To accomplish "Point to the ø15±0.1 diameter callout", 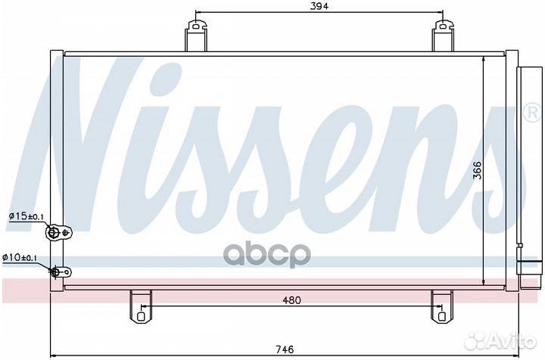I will [x=25, y=217].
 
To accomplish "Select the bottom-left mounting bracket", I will [x=140, y=306].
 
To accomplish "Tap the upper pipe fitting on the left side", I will [x=56, y=233].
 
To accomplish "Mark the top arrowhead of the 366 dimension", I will [x=484, y=61].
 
